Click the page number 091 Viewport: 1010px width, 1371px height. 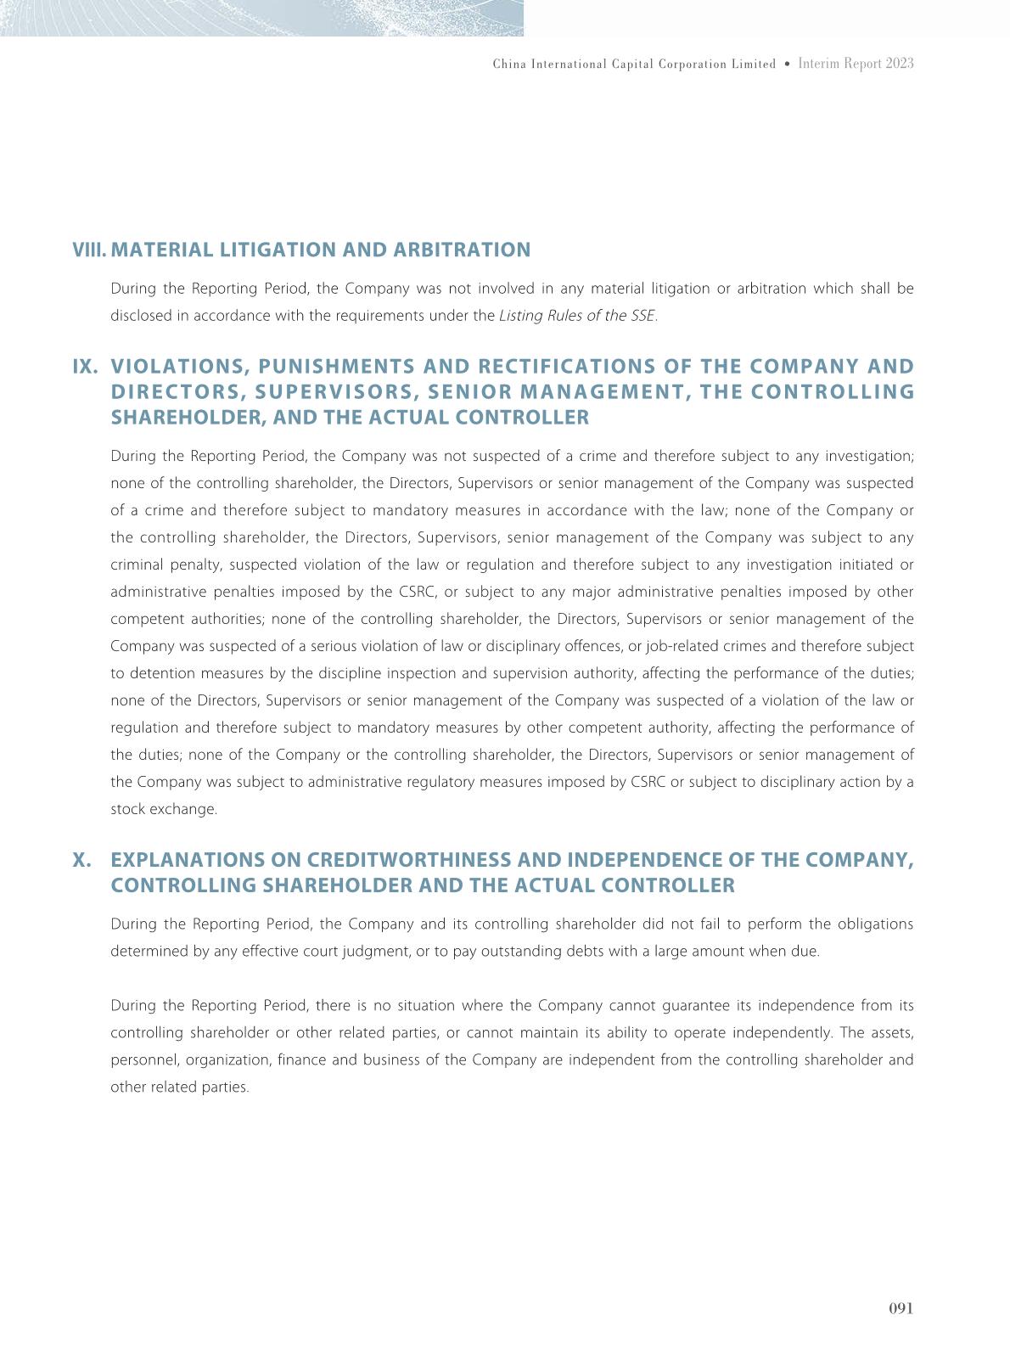(901, 1308)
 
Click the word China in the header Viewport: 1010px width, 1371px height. (509, 65)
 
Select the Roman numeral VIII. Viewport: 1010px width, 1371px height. (89, 250)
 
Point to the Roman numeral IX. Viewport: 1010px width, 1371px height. (85, 367)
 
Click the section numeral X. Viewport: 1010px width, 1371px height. (82, 860)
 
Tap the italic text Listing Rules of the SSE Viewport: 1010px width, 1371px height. (576, 316)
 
